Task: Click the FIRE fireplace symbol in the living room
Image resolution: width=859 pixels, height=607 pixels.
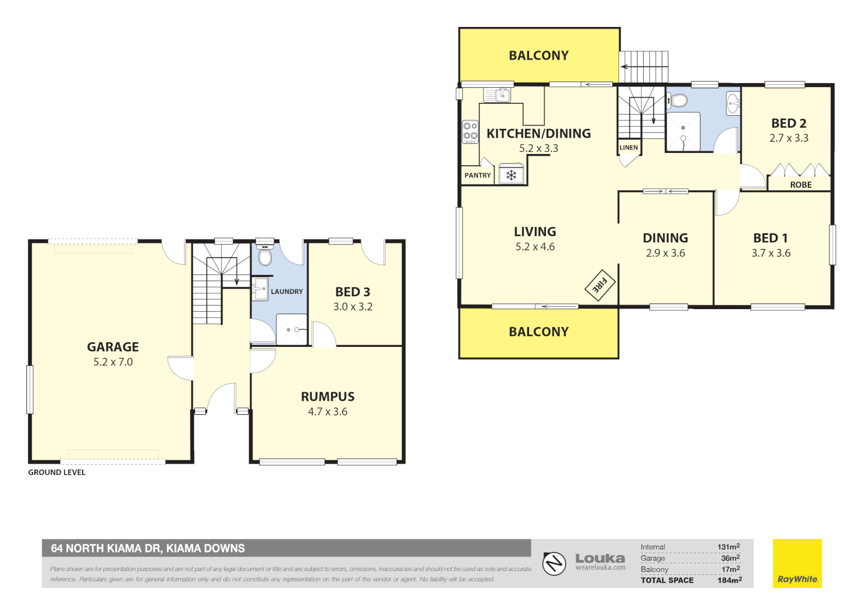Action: tap(600, 286)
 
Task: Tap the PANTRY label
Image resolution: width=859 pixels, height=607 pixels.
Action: tap(477, 175)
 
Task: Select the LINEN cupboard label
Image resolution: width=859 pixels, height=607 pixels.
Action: tap(629, 148)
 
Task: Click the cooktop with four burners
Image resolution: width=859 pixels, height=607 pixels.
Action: tap(470, 132)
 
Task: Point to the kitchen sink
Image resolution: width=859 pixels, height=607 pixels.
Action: tap(498, 95)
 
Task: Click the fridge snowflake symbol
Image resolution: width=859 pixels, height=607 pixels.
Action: tap(511, 175)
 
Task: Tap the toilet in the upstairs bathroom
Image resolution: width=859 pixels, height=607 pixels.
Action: tap(678, 101)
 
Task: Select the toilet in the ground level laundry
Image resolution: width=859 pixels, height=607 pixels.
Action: tap(264, 256)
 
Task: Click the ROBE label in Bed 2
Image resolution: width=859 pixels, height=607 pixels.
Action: tap(801, 185)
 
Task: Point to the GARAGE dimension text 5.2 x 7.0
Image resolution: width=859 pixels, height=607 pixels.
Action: tap(113, 363)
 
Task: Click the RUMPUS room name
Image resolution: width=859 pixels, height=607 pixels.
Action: tap(328, 397)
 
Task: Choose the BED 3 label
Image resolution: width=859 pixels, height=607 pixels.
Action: tap(352, 292)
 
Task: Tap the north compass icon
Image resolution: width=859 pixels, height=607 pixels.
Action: tap(554, 563)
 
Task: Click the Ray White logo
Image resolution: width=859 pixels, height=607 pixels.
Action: tap(797, 564)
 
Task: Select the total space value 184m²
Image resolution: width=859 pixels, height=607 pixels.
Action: tap(729, 580)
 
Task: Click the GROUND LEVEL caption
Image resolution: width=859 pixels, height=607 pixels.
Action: tap(57, 473)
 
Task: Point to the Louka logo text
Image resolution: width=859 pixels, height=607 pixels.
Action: tap(600, 559)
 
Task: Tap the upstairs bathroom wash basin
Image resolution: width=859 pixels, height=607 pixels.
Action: tap(733, 102)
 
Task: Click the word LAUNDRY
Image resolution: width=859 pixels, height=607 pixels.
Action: tap(287, 292)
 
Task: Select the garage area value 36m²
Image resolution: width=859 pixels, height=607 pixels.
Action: tap(730, 558)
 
